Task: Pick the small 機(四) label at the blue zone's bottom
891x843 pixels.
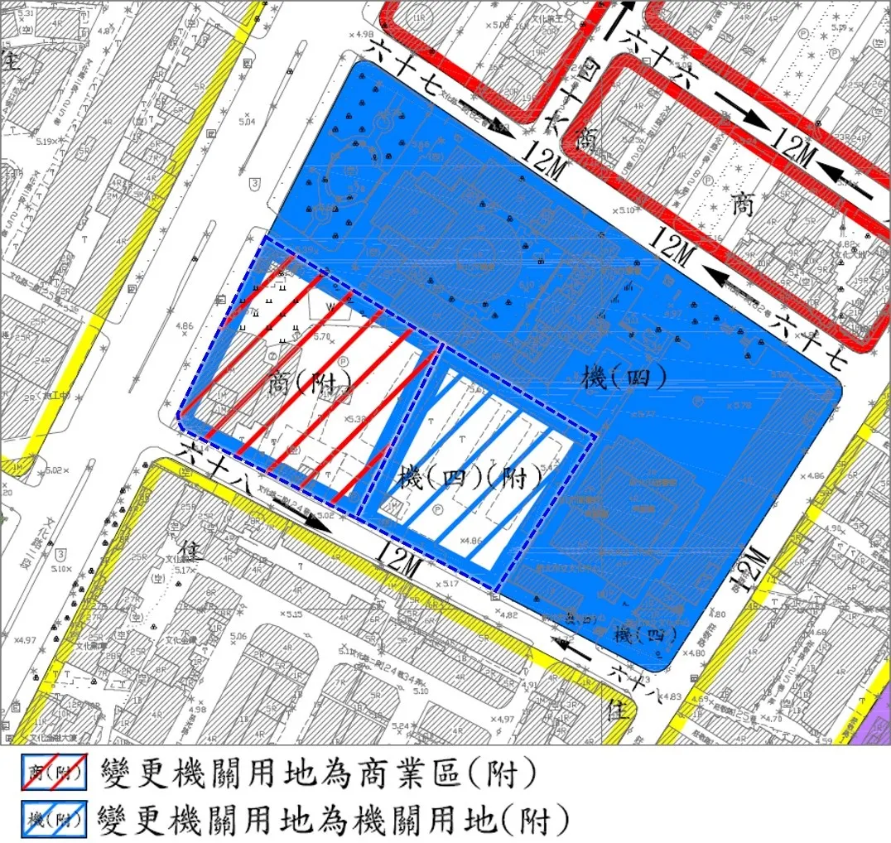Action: click(646, 636)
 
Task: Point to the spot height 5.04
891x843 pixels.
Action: click(247, 122)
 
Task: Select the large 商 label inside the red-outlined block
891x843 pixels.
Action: click(743, 205)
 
